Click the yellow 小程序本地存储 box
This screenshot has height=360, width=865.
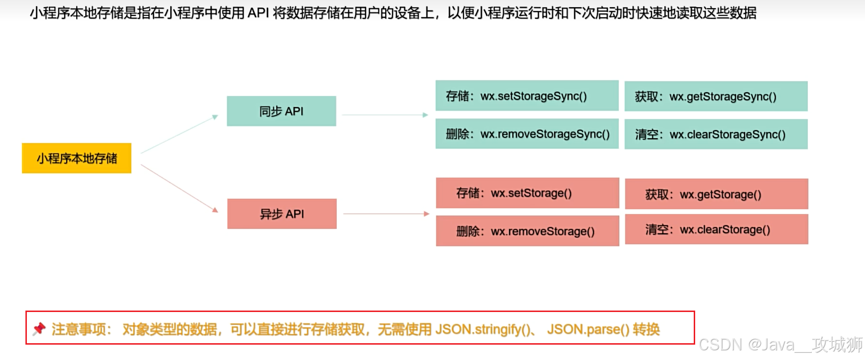click(x=77, y=158)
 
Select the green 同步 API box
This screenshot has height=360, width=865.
click(x=282, y=111)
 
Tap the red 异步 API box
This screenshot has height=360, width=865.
click(x=282, y=214)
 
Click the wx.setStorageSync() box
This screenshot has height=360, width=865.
click(x=527, y=96)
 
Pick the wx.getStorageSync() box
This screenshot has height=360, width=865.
click(x=716, y=96)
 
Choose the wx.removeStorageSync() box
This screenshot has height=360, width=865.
click(x=527, y=134)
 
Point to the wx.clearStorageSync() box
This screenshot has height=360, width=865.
click(x=716, y=134)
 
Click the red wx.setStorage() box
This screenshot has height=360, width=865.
click(x=527, y=193)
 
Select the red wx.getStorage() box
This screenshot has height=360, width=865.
click(x=716, y=194)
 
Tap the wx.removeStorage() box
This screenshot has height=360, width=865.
click(x=527, y=231)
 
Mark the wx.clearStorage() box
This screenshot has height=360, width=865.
click(x=716, y=229)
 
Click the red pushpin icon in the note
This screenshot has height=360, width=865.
click(x=39, y=329)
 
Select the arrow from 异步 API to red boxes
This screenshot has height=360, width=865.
click(x=386, y=214)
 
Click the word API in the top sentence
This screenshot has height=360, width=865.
click(x=258, y=13)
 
